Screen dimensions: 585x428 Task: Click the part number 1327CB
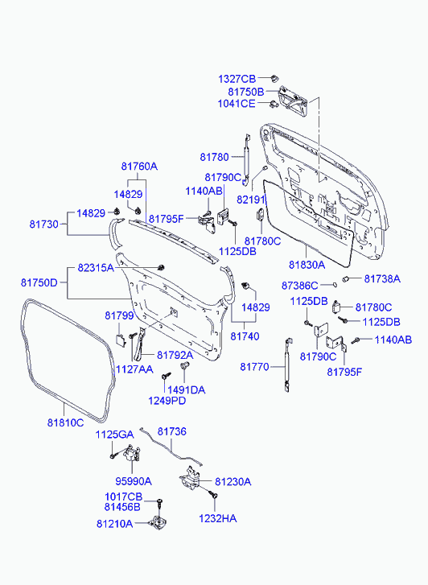pos(237,79)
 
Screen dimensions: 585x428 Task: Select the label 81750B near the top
pos(237,92)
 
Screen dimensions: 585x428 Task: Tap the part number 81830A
pos(307,264)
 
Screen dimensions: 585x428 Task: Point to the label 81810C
pos(64,422)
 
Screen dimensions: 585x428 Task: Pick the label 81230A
pos(232,481)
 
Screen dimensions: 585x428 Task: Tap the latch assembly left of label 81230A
pos(194,482)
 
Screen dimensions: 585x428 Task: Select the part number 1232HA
pos(217,519)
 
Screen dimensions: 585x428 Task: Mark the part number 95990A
pos(136,480)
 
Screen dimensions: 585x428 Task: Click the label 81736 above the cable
pos(171,432)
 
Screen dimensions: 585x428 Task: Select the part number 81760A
pos(139,167)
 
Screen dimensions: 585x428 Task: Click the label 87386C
pos(300,285)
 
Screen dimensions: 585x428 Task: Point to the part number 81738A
pos(381,278)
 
